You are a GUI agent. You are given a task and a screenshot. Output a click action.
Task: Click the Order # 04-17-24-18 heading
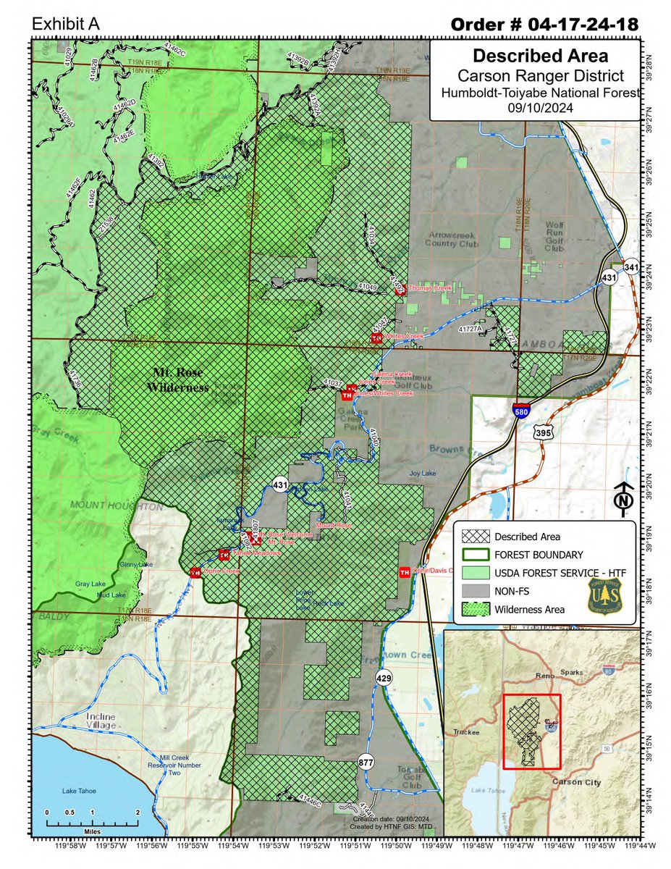coord(544,24)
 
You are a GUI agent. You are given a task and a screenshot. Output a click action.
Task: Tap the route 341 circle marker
coord(632,266)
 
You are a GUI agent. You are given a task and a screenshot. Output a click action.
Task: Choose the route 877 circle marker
coord(366,761)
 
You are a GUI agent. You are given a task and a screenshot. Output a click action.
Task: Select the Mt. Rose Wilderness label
coord(180,379)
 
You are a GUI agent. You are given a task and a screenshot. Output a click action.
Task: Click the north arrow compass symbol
coord(623,500)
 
